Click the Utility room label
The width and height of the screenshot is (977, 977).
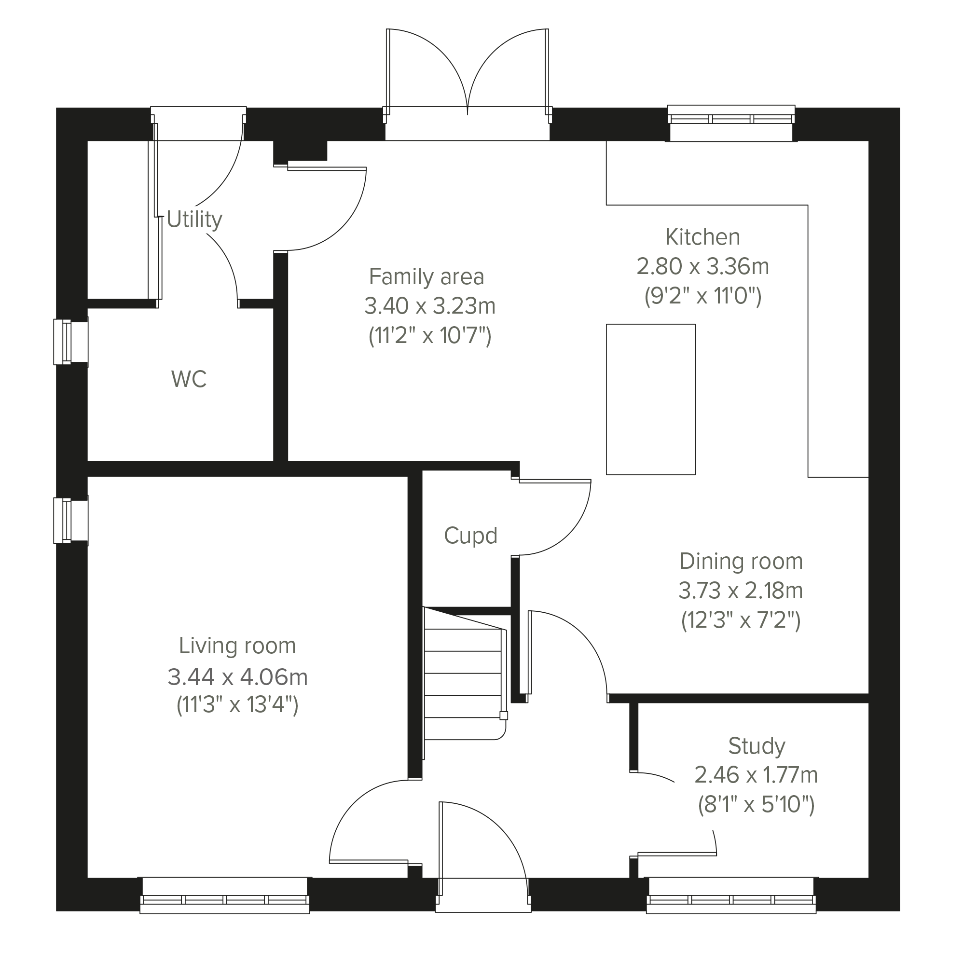point(194,220)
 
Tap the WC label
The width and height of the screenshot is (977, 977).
point(189,379)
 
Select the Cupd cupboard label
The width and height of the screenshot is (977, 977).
point(471,536)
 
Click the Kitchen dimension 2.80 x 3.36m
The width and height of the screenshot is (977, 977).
point(703,266)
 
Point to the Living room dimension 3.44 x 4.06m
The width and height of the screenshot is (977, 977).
point(238,677)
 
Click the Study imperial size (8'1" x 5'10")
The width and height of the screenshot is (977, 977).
point(757,804)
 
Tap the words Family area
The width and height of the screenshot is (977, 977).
point(427,276)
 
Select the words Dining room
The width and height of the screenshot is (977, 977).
point(742,561)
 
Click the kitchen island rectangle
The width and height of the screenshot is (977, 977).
point(651,399)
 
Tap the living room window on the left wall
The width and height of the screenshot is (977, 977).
point(71,521)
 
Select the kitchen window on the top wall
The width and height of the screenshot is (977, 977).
point(731,123)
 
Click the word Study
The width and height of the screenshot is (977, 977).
point(757,746)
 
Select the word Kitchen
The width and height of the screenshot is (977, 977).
point(702,237)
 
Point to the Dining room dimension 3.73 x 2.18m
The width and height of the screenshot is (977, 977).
point(741,591)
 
